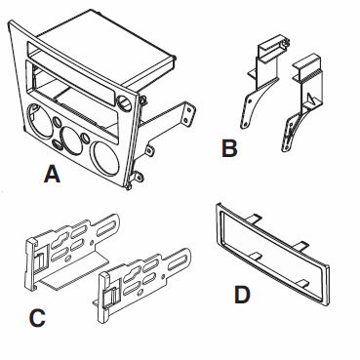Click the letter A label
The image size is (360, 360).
point(52,174)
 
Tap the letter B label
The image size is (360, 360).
point(229,148)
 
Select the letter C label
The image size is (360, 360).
point(37,318)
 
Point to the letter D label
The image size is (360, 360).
point(242,295)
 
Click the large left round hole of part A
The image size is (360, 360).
point(40,120)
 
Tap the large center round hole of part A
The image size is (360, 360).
point(71,140)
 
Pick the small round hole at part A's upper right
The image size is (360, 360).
point(124,102)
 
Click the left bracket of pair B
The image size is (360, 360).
point(261,81)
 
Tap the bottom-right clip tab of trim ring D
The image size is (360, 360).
point(304,282)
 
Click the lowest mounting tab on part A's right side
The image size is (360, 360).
point(139,176)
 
